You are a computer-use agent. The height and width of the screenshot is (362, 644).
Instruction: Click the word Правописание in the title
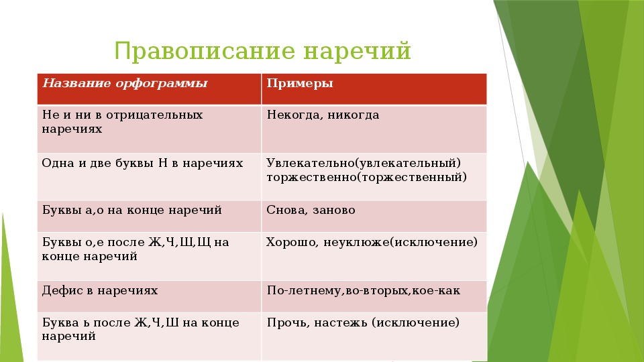coord(205,52)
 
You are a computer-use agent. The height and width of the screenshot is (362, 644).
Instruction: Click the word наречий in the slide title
coord(358,52)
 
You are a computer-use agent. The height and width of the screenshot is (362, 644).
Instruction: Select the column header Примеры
coord(300,84)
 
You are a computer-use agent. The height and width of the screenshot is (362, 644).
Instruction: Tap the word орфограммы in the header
coord(162,84)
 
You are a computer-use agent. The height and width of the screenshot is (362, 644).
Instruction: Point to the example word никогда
coord(354,115)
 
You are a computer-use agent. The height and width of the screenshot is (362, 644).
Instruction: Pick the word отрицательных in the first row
coord(154,115)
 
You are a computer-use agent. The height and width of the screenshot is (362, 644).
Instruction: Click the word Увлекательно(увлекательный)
coord(364,164)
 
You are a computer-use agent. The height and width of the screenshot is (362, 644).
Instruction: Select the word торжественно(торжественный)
coord(366,177)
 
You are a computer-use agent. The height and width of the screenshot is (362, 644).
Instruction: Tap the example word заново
coord(334,210)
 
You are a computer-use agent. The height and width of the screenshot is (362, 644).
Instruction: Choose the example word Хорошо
coord(292,243)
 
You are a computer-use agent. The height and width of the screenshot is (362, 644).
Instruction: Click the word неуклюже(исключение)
coord(400,243)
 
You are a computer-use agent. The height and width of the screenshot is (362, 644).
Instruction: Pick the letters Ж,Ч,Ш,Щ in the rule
coord(180,243)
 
